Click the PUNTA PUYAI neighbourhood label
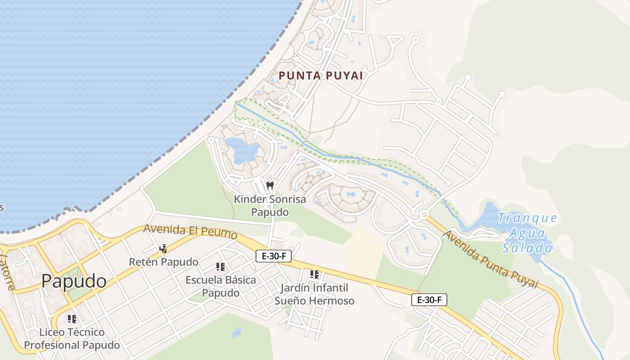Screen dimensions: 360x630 click(x=320, y=76)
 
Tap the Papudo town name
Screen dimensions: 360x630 click(x=74, y=281)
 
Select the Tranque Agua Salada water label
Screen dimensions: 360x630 click(x=527, y=233)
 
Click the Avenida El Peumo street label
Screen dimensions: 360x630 click(x=190, y=231)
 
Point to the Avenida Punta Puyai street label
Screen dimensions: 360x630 click(x=490, y=259)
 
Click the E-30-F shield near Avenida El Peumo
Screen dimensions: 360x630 click(x=274, y=256)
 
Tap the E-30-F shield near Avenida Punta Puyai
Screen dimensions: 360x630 click(x=429, y=300)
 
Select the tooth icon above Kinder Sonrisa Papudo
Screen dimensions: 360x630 click(x=270, y=185)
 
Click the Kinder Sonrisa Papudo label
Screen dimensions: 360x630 click(x=270, y=205)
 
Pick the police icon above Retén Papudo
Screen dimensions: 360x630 click(x=163, y=248)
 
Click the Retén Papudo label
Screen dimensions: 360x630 click(x=163, y=262)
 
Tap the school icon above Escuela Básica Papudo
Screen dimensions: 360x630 click(x=220, y=267)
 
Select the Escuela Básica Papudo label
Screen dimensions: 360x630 click(x=220, y=286)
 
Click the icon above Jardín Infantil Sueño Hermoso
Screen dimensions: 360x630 click(x=315, y=274)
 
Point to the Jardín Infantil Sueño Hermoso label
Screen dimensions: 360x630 click(x=315, y=294)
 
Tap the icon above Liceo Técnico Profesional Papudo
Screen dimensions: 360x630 click(x=72, y=319)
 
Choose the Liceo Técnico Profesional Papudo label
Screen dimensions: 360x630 click(x=72, y=338)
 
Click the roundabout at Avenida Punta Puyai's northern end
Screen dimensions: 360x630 click(x=423, y=215)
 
